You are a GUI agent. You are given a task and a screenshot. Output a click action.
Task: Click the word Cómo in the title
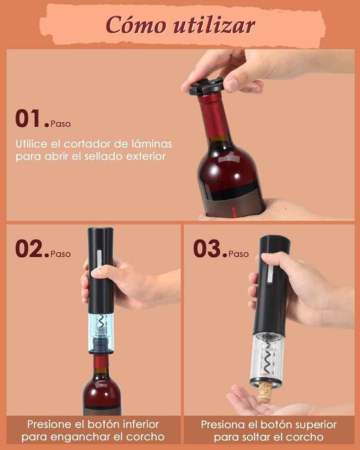[x=136, y=24]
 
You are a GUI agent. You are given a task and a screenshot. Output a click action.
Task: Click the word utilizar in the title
[x=214, y=24]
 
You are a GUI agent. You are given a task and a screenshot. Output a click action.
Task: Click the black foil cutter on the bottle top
[x=206, y=86]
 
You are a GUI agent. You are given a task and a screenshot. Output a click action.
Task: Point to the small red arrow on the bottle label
[x=234, y=212]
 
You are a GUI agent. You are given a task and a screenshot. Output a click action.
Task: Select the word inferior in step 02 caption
[x=141, y=424]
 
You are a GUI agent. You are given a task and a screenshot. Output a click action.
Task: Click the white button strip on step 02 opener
[x=99, y=260]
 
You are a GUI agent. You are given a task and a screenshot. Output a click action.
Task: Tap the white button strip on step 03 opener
[x=271, y=274]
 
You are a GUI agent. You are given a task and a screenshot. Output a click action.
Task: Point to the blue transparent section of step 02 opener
[x=101, y=333]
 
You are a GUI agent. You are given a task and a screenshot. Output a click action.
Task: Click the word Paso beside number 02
[x=60, y=254]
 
